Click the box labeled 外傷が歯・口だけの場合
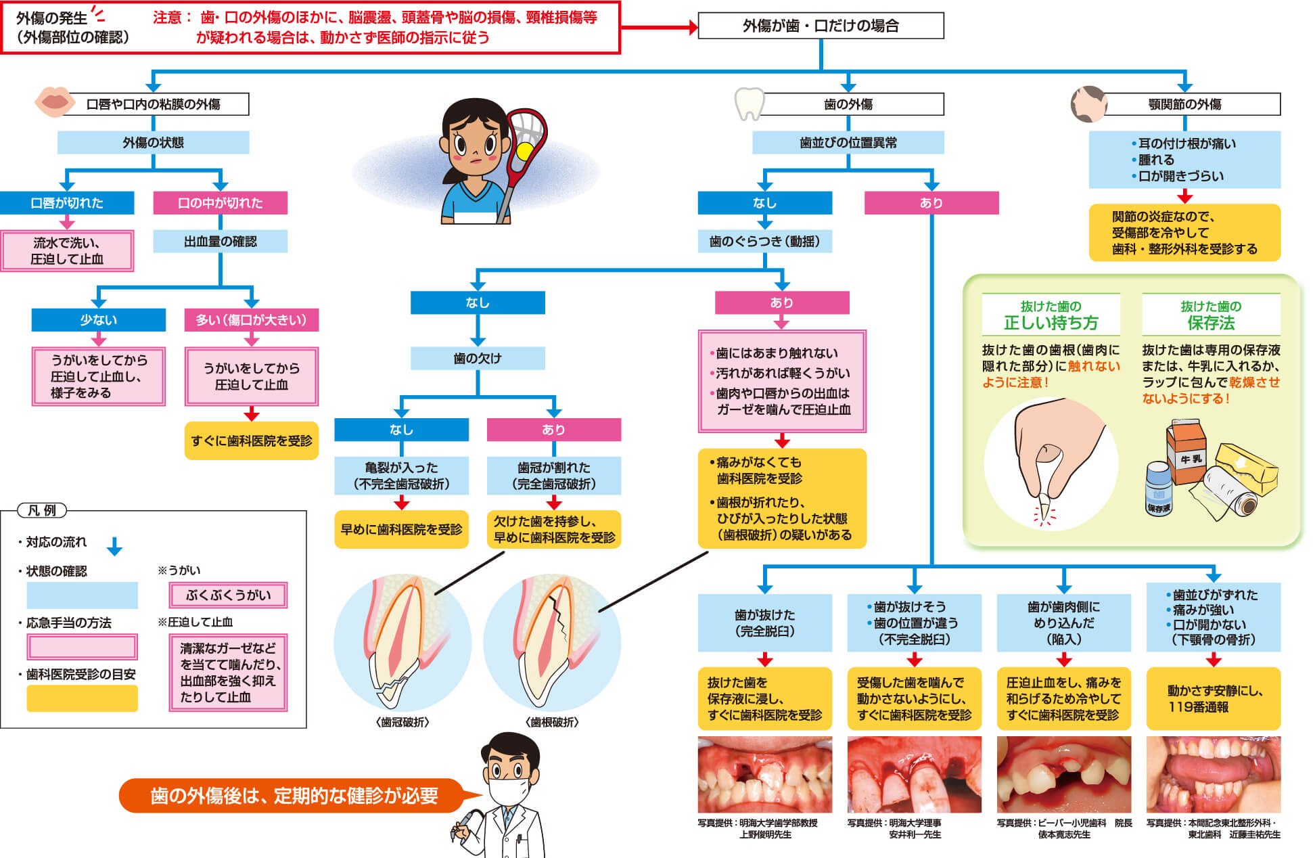point(820,26)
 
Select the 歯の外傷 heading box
point(848,104)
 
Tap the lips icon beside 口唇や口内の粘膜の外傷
point(54,101)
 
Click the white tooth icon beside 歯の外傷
point(749,104)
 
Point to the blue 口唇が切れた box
point(67,203)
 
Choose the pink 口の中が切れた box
point(220,203)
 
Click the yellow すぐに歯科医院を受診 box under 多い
point(251,441)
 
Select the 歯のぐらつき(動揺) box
point(764,242)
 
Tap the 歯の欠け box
point(478,359)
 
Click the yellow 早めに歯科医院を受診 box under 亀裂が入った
point(401,529)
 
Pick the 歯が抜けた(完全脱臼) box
point(764,623)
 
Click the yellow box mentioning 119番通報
point(1213,698)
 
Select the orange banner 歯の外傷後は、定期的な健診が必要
point(294,796)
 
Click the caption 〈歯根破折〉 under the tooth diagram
point(552,722)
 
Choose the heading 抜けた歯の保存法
point(1211,315)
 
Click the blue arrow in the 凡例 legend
point(114,546)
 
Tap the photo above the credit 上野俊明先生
point(764,775)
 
